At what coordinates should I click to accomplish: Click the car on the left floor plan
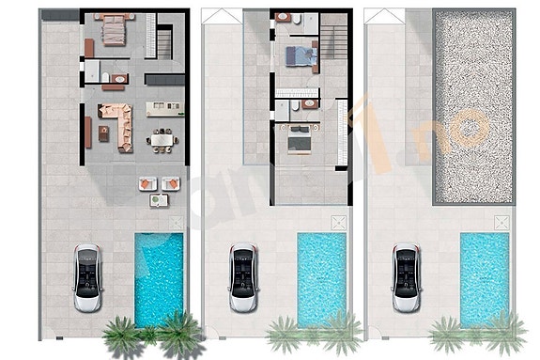(x=86, y=278)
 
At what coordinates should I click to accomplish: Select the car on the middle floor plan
(x=244, y=278)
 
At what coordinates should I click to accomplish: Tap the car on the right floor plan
(x=405, y=278)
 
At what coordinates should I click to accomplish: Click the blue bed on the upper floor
(x=303, y=54)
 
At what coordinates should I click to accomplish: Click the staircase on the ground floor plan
(x=165, y=41)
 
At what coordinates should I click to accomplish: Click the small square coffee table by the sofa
(x=122, y=133)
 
